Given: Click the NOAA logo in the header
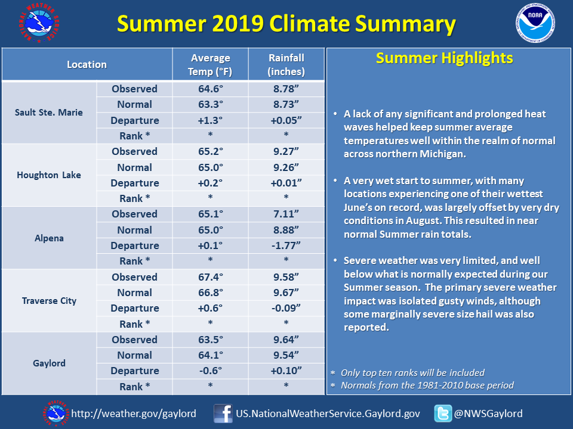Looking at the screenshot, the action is coord(535,23).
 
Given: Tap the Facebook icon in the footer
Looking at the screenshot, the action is coord(223,414).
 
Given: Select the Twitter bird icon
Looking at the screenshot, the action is coord(443,414).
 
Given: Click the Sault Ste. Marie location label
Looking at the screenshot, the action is coord(49,113).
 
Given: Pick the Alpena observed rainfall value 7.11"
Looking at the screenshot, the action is coord(286,214).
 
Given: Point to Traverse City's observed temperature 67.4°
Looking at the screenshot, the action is coord(211,277).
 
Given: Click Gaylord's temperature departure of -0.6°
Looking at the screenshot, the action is coord(211,371).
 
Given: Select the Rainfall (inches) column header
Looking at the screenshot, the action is coord(286,64).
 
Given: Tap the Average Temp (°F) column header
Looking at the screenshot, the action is coord(211,64).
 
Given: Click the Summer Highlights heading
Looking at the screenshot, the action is coord(444,58).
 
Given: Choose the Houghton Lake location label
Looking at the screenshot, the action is coord(49,175).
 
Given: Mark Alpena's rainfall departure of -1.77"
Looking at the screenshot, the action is coord(286,245).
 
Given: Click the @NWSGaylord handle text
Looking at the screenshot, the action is coord(488,414).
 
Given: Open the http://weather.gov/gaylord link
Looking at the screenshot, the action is coord(134,414).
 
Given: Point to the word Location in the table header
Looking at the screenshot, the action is coord(87,64).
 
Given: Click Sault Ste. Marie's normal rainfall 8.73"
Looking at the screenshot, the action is coord(286,104).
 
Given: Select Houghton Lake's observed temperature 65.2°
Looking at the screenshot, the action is coord(211,151).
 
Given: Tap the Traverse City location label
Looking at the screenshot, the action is coord(49,300).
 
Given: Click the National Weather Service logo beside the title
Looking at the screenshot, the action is coord(39,23).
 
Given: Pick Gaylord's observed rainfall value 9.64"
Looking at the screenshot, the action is coord(286,340).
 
